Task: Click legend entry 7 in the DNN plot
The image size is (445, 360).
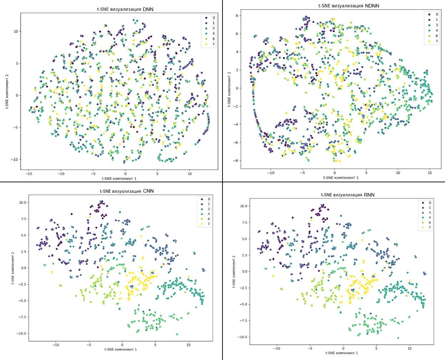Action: tap(213, 44)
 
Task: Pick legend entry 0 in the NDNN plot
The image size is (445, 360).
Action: tap(436, 14)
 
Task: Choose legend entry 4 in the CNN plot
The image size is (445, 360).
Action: tap(209, 214)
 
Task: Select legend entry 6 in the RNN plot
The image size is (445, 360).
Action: tap(430, 222)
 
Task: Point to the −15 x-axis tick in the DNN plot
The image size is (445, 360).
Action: tap(29, 174)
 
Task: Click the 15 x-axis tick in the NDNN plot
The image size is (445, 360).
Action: tap(430, 173)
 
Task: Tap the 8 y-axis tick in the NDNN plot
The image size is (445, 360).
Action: tap(237, 16)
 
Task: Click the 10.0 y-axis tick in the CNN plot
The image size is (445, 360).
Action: tap(22, 202)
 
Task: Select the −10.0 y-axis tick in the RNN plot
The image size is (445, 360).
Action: tap(242, 337)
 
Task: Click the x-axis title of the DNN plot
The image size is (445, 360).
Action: tap(119, 178)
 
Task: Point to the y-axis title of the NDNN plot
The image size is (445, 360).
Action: tap(229, 89)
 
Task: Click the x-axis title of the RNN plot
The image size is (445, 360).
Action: tap(342, 353)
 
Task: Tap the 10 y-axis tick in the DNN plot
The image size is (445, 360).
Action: tap(15, 31)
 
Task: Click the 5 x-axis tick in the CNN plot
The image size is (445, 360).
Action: tap(155, 345)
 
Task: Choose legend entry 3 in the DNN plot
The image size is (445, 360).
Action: tap(213, 28)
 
